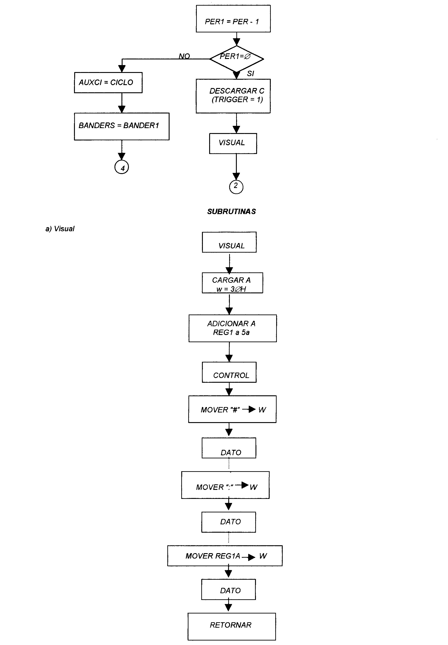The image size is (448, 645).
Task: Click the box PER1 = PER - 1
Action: (233, 18)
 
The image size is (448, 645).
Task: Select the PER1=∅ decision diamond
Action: (237, 59)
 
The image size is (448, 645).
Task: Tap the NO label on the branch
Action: (184, 56)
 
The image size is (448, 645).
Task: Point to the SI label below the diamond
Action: (250, 74)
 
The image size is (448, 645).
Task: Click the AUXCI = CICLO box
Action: (108, 83)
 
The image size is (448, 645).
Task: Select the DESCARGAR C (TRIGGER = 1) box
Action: (233, 96)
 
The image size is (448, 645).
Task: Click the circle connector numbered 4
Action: (121, 168)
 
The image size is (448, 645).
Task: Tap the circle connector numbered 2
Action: (236, 187)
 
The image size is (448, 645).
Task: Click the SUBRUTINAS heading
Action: (232, 212)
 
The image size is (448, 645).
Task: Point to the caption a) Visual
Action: (60, 229)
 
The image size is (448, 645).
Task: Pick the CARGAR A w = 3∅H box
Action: (232, 283)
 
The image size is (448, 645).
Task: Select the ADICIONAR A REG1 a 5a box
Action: (233, 328)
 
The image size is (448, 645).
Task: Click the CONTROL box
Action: (229, 372)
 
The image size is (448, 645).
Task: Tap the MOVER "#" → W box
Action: (232, 409)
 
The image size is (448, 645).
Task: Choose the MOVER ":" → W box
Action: (225, 485)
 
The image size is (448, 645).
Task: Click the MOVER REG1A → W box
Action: (225, 556)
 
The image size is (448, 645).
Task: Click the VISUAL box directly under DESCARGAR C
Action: (233, 143)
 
